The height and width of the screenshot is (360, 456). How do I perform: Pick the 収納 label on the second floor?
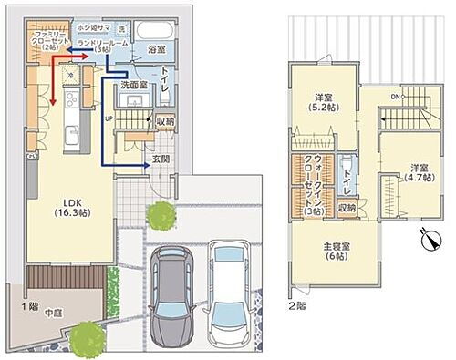tap(347, 207)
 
